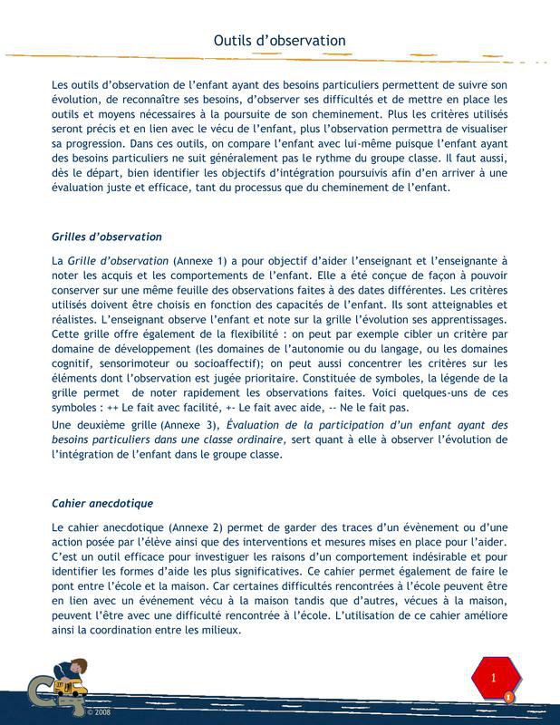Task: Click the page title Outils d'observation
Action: (279, 41)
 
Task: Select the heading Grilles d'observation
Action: (107, 237)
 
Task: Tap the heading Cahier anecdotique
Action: (102, 502)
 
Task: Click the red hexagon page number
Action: (494, 678)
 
